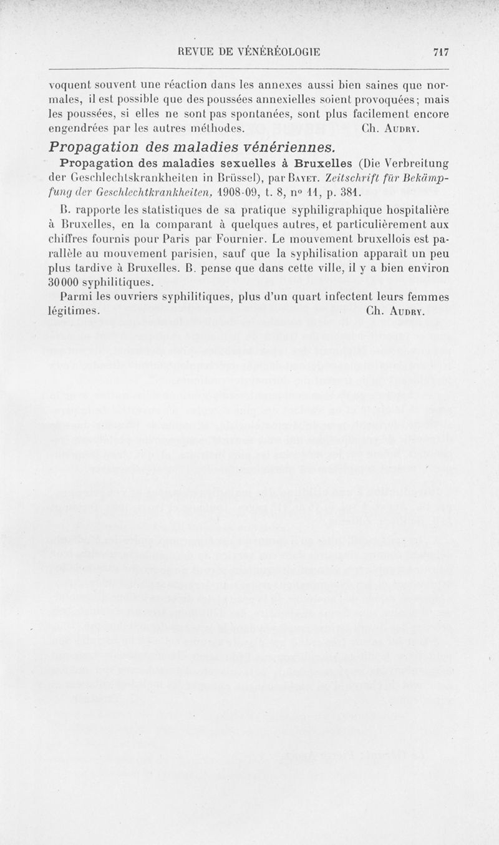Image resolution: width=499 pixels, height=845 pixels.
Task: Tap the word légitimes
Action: pyautogui.click(x=73, y=310)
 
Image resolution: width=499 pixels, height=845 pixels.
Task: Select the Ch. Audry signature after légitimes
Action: pyautogui.click(x=397, y=310)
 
